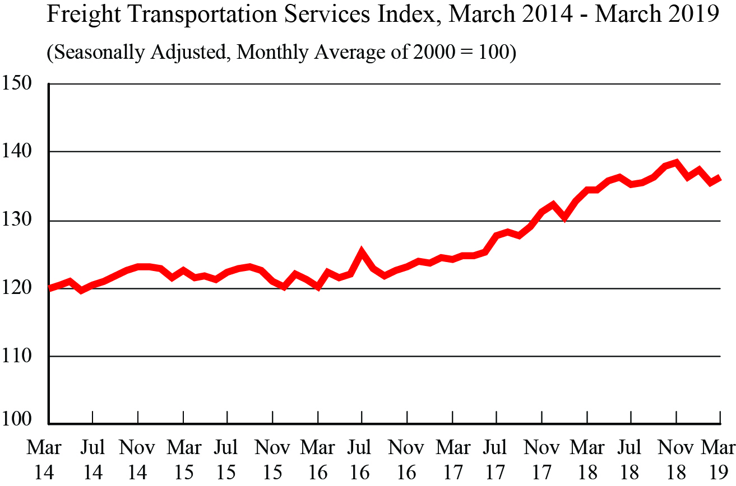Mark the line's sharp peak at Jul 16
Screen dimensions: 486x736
362,253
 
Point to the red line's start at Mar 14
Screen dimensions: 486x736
49,288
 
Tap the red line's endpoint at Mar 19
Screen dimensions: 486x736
720,178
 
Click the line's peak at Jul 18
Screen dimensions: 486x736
619,177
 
